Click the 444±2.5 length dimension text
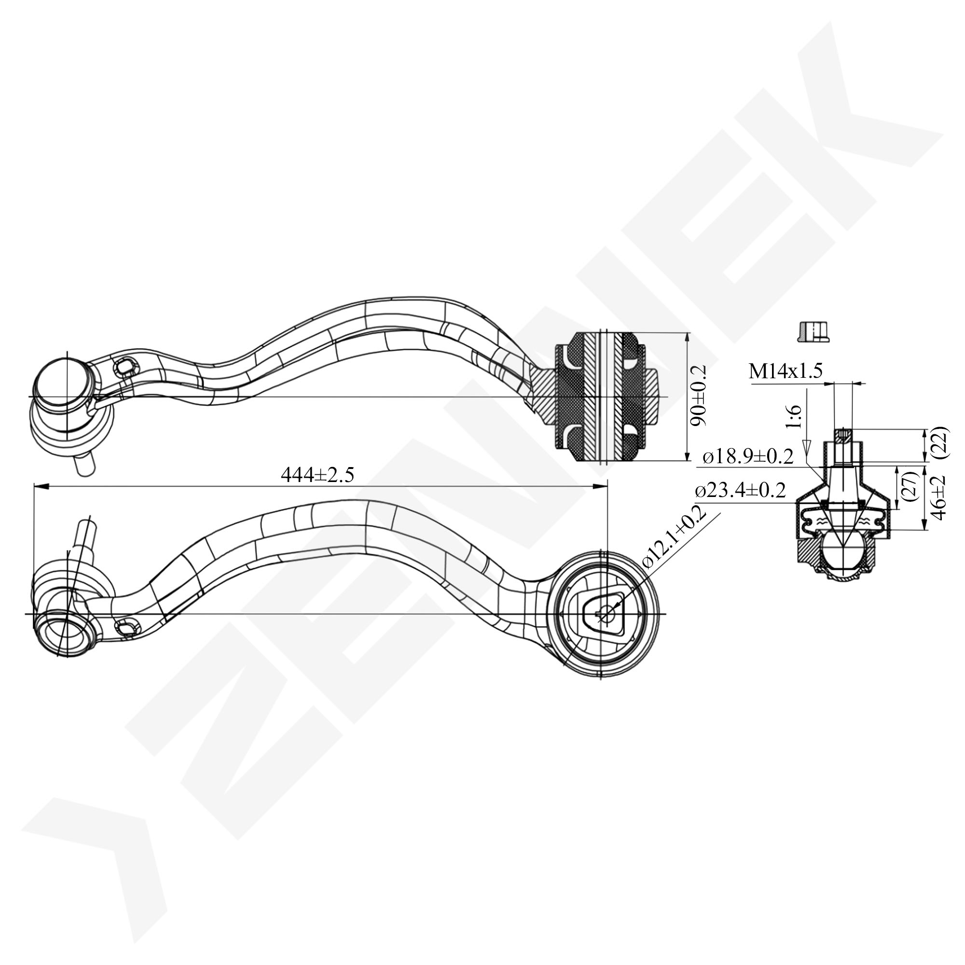[x=317, y=474]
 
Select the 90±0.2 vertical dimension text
[x=699, y=395]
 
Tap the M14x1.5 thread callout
[x=785, y=371]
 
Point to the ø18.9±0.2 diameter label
[x=748, y=456]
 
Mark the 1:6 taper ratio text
[x=794, y=417]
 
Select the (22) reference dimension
[x=941, y=442]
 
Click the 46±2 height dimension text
[x=939, y=497]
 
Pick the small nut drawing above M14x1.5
[x=813, y=331]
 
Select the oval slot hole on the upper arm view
[x=124, y=368]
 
